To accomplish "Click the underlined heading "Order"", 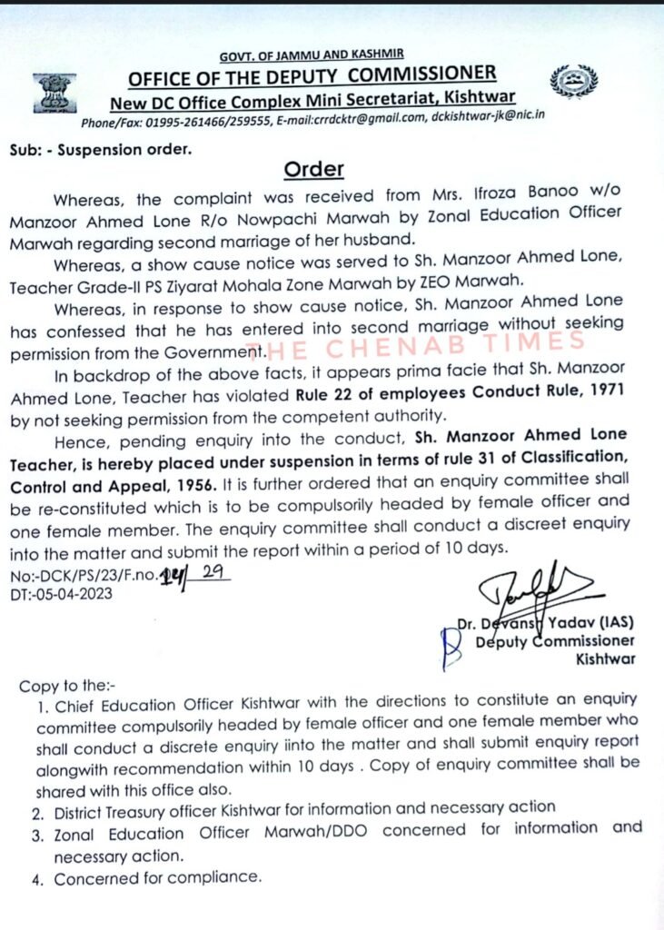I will tap(314, 169).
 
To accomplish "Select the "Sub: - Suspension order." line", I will tap(101, 149).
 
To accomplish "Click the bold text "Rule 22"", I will tap(327, 394).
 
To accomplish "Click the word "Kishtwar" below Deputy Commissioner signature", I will tap(606, 658).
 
